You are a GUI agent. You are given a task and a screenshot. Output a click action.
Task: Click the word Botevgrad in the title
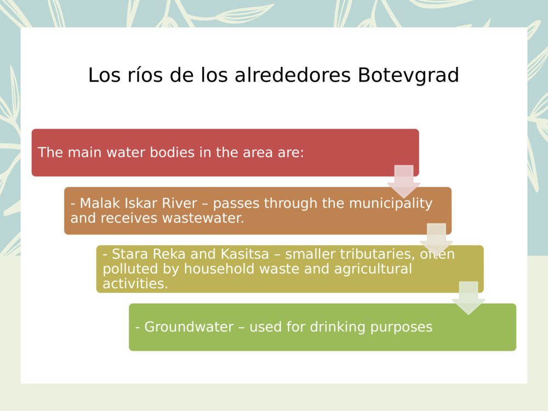pos(408,75)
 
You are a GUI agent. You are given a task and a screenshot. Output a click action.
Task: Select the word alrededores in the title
pos(293,75)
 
